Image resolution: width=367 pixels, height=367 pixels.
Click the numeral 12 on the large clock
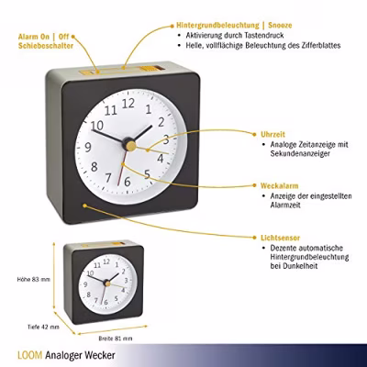(x=128, y=104)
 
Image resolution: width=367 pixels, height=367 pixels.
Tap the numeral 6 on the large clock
(x=128, y=182)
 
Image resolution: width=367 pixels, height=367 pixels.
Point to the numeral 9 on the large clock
(x=88, y=148)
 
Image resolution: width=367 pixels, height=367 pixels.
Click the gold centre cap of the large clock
(x=130, y=145)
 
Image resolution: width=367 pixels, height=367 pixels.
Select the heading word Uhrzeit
(x=272, y=134)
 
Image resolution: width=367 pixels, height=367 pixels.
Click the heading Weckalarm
(x=279, y=185)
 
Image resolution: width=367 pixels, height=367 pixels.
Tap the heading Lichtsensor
(x=280, y=238)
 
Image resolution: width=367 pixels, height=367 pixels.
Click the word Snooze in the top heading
(x=280, y=25)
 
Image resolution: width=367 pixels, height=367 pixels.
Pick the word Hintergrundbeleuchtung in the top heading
(x=217, y=26)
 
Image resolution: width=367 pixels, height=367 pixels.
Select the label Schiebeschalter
(x=46, y=46)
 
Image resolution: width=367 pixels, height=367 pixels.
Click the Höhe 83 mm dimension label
(x=34, y=279)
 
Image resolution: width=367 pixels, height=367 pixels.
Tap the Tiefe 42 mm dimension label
(x=43, y=327)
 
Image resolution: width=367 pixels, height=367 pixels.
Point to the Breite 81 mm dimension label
(x=116, y=339)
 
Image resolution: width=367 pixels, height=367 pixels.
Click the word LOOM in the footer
(x=30, y=355)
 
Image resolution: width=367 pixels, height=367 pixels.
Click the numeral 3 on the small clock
(x=126, y=281)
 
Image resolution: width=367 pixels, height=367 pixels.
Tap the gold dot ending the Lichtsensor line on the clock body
(x=84, y=206)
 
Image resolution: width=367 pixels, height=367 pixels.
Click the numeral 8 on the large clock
(x=95, y=167)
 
